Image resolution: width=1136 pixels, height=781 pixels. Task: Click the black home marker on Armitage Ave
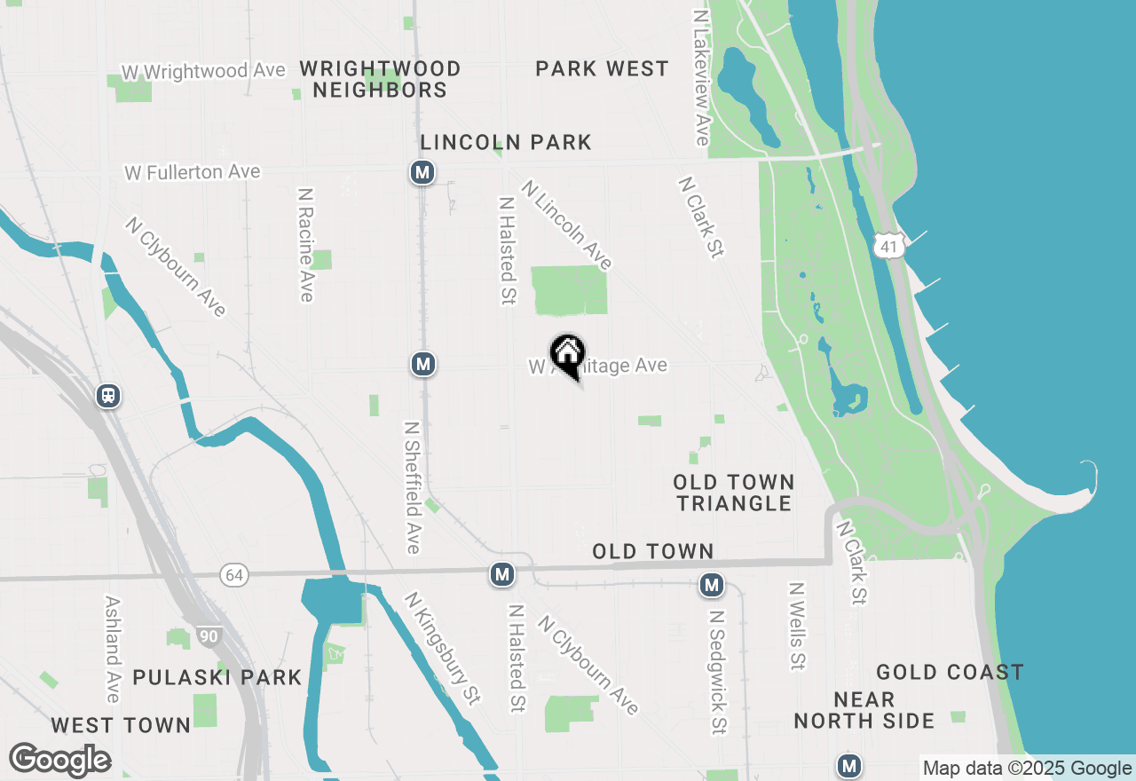(567, 356)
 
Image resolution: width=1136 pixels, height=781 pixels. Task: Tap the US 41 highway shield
(888, 246)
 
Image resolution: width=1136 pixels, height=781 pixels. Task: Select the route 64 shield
(234, 576)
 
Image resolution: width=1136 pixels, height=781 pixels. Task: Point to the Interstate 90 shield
(209, 636)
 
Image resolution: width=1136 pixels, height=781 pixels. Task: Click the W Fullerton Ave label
(193, 171)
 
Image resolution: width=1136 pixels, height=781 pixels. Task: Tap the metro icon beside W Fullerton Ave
(422, 172)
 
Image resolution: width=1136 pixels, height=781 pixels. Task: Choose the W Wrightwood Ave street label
(204, 71)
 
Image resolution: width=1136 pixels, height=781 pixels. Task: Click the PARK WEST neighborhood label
(602, 69)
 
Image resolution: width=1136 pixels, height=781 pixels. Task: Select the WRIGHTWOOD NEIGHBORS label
(380, 79)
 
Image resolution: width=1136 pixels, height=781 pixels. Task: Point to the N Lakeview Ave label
(701, 78)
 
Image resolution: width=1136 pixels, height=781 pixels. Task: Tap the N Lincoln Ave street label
(566, 225)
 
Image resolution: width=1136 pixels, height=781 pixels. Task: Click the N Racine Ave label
(306, 244)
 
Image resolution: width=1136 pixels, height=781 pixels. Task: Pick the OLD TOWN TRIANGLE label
(733, 493)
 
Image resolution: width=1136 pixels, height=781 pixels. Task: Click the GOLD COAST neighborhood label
(950, 672)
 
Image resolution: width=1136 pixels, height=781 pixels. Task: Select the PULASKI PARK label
(217, 677)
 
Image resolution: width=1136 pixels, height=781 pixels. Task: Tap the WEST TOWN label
(121, 725)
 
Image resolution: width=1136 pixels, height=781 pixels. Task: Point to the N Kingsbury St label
(442, 649)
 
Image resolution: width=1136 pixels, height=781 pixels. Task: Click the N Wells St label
(797, 626)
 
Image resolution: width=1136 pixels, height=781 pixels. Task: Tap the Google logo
(59, 760)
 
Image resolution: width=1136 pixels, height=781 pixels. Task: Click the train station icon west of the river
(108, 396)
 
